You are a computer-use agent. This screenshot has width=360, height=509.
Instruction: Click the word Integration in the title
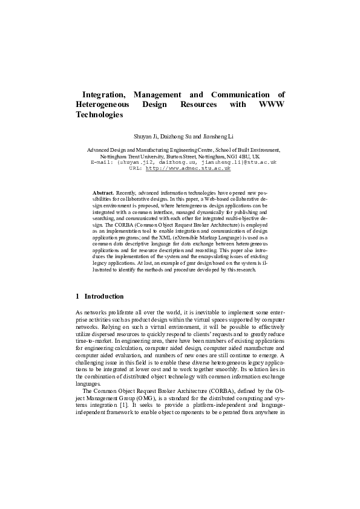pyautogui.click(x=103, y=95)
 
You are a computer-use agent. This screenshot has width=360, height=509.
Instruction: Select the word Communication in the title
pyautogui.click(x=244, y=95)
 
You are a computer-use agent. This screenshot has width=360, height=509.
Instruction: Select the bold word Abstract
pyautogui.click(x=103, y=192)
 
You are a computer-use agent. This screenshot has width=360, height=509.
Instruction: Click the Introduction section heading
pyautogui.click(x=104, y=297)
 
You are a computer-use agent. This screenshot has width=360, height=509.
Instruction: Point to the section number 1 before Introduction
pyautogui.click(x=78, y=297)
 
